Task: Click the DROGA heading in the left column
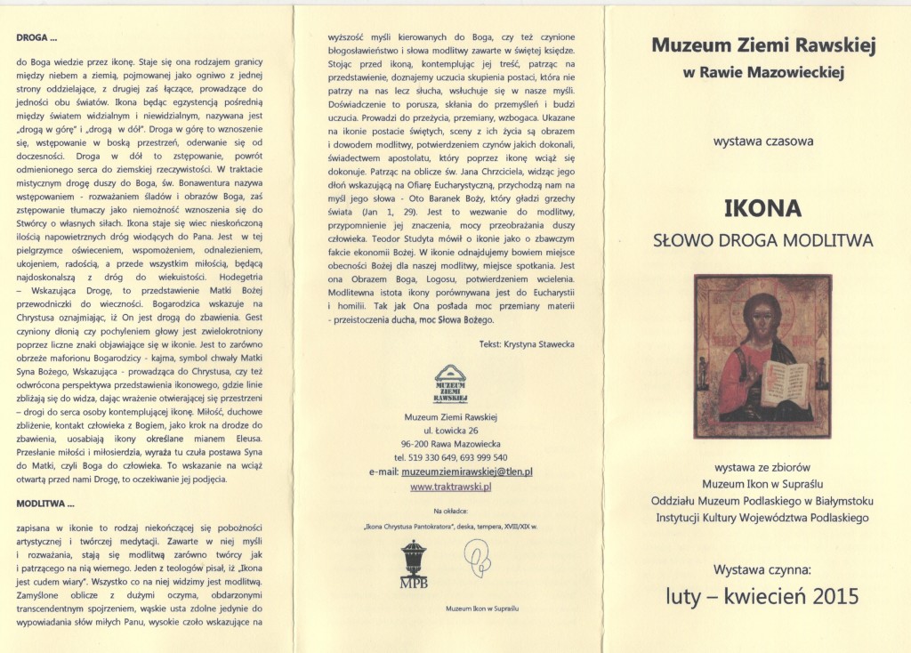pyautogui.click(x=37, y=38)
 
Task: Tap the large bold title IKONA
pyautogui.click(x=762, y=208)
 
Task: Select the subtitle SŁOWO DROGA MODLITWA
pyautogui.click(x=762, y=240)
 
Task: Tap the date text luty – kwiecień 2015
pyautogui.click(x=762, y=596)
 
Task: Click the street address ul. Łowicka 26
pyautogui.click(x=450, y=430)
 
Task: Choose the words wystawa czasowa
pyautogui.click(x=762, y=141)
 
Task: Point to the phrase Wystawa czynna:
pyautogui.click(x=762, y=565)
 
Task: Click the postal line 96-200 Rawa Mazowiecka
pyautogui.click(x=450, y=444)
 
